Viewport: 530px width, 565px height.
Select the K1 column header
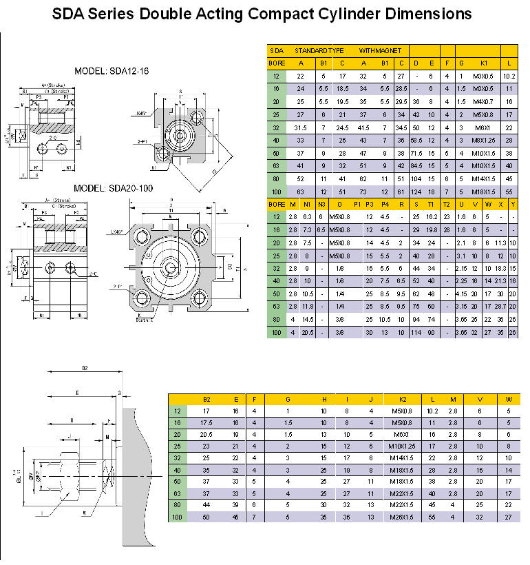(484, 63)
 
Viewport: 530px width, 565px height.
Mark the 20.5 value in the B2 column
(206, 435)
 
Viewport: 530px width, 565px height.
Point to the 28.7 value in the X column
(501, 306)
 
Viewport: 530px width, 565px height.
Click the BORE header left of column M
(276, 204)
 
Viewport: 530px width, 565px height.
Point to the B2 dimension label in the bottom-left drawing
(85, 369)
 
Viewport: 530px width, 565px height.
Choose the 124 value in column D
(416, 191)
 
